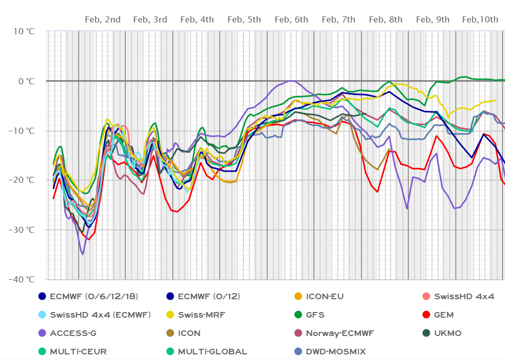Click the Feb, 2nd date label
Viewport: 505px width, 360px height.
103,20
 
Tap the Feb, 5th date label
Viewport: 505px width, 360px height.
244,20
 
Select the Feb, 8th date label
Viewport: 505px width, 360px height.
385,20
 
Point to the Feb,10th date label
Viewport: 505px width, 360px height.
480,20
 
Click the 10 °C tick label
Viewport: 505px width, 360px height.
24,31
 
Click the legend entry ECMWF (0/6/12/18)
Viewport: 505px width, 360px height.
94,296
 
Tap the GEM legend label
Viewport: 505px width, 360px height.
444,315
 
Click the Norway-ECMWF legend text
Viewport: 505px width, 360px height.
340,333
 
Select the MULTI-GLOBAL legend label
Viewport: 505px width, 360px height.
213,352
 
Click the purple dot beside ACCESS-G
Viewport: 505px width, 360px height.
43,333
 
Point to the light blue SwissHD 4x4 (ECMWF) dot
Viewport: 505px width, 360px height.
43,315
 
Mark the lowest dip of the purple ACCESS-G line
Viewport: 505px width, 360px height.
82,254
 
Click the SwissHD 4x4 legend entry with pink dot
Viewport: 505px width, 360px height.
465,296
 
